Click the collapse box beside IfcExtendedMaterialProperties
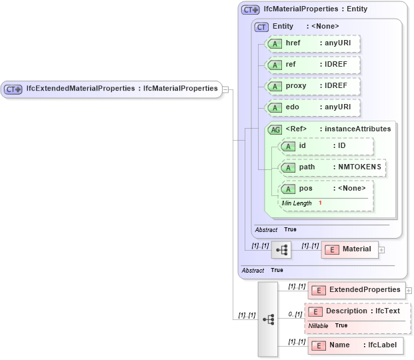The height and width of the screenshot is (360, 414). tap(226, 89)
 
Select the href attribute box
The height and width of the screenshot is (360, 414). tap(312, 44)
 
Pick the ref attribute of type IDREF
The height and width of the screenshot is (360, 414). tap(312, 65)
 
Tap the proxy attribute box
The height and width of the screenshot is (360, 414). tap(312, 87)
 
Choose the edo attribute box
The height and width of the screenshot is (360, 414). tap(312, 108)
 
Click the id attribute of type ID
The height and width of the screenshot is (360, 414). tap(325, 146)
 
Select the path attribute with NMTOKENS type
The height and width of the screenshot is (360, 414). tap(332, 167)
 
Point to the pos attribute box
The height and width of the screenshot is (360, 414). tap(325, 189)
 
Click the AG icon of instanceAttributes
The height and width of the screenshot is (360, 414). tap(274, 129)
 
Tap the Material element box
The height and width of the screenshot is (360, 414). tap(349, 249)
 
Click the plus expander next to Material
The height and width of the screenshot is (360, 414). tap(382, 250)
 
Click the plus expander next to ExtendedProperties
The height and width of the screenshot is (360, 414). tap(409, 291)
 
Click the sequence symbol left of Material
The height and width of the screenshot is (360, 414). tap(281, 250)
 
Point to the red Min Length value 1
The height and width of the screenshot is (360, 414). tap(320, 203)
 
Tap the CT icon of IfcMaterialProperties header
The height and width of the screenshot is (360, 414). tap(251, 10)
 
